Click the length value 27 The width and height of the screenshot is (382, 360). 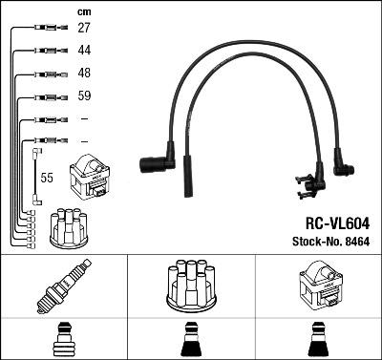85,29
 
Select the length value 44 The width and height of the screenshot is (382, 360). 85,51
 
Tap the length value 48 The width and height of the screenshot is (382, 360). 85,74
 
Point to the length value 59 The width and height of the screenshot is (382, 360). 85,96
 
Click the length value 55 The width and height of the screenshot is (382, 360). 47,178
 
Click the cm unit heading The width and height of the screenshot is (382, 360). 83,11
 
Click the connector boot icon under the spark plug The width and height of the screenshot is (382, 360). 63,338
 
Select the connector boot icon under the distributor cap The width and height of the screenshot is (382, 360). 190,338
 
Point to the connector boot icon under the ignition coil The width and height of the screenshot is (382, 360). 317,338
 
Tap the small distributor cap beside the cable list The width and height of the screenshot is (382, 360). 69,225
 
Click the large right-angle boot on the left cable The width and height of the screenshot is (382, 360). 157,165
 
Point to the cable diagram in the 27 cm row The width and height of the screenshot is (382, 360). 42,29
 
